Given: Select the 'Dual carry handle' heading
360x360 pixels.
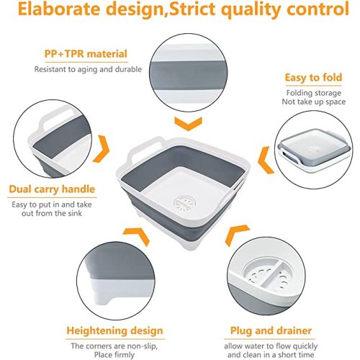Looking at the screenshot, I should [52, 190].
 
